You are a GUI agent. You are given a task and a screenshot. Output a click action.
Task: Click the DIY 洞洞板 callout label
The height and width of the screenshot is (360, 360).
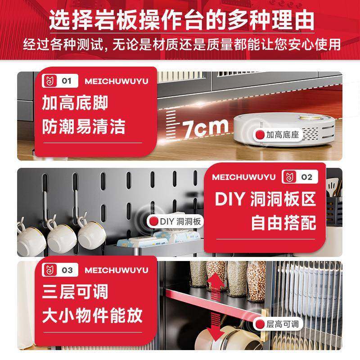(x=176, y=221)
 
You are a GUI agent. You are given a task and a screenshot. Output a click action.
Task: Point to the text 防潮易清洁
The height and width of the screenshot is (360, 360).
(x=83, y=127)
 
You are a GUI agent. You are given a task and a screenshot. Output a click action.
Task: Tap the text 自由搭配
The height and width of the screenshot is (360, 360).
(x=283, y=222)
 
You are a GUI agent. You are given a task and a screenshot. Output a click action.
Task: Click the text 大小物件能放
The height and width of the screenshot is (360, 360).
(x=92, y=315)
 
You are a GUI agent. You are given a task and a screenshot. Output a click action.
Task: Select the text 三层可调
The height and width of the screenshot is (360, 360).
(x=75, y=292)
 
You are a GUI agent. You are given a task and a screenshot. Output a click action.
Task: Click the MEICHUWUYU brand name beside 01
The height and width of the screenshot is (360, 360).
(x=116, y=81)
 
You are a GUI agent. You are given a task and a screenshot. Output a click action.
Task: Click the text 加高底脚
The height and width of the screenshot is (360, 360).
(x=75, y=104)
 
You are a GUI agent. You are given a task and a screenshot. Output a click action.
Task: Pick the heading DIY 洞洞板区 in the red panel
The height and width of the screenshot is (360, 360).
(x=265, y=199)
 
